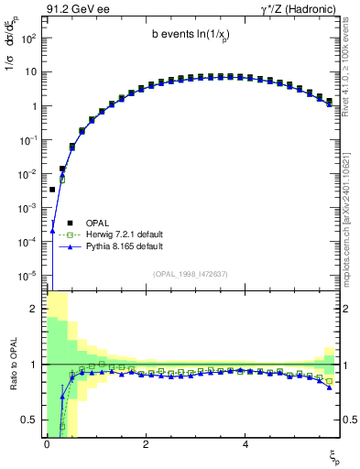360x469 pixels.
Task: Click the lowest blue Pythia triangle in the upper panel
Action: [x=52, y=231]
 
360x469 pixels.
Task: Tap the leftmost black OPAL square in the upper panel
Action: [x=52, y=190]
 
